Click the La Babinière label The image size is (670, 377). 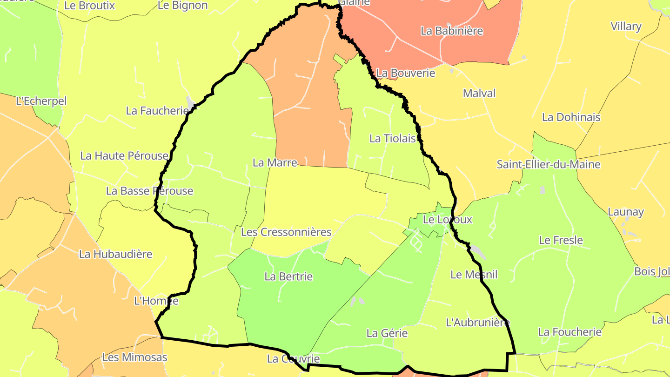tap(452, 31)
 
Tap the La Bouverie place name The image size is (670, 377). tap(406, 73)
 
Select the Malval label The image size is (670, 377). tap(479, 93)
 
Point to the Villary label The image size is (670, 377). tap(626, 27)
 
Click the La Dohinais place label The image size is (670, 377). tap(571, 117)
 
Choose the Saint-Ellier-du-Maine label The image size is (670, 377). tap(549, 164)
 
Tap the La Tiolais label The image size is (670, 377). tap(392, 138)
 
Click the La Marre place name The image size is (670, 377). tap(275, 162)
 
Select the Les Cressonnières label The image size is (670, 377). tap(286, 232)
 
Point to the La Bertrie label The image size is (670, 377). tap(288, 276)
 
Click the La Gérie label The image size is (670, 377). tap(387, 333)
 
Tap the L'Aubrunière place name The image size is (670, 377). tap(478, 322)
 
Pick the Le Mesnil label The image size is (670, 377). tap(474, 275)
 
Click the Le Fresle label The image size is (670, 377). tap(561, 240)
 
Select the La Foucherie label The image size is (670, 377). tap(570, 332)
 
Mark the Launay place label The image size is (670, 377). tap(626, 212)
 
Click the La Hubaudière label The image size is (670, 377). tap(116, 254)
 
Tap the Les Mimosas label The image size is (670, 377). tap(134, 357)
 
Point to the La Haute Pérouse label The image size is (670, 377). tap(124, 155)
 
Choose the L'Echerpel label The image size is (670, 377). tap(41, 101)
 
